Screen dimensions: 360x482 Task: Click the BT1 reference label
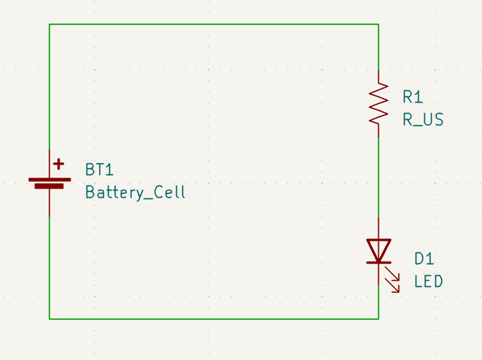click(x=99, y=170)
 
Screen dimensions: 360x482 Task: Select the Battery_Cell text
click(x=135, y=192)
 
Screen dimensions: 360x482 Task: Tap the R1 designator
click(x=413, y=96)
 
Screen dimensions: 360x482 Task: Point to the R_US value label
click(x=422, y=119)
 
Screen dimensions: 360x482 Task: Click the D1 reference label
click(x=424, y=259)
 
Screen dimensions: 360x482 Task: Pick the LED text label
click(x=428, y=281)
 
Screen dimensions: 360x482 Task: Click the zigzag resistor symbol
click(x=378, y=103)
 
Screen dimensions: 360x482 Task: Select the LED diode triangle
click(x=378, y=249)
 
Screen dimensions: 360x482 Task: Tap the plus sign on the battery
click(x=58, y=164)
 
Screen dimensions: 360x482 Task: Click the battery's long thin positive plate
click(x=49, y=179)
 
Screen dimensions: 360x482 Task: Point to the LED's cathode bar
click(x=378, y=262)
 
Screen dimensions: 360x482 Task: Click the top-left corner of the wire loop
click(x=50, y=25)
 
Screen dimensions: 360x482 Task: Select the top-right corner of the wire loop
click(x=378, y=25)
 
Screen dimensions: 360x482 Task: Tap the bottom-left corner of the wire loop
click(x=50, y=319)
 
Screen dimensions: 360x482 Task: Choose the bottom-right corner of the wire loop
click(x=378, y=319)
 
